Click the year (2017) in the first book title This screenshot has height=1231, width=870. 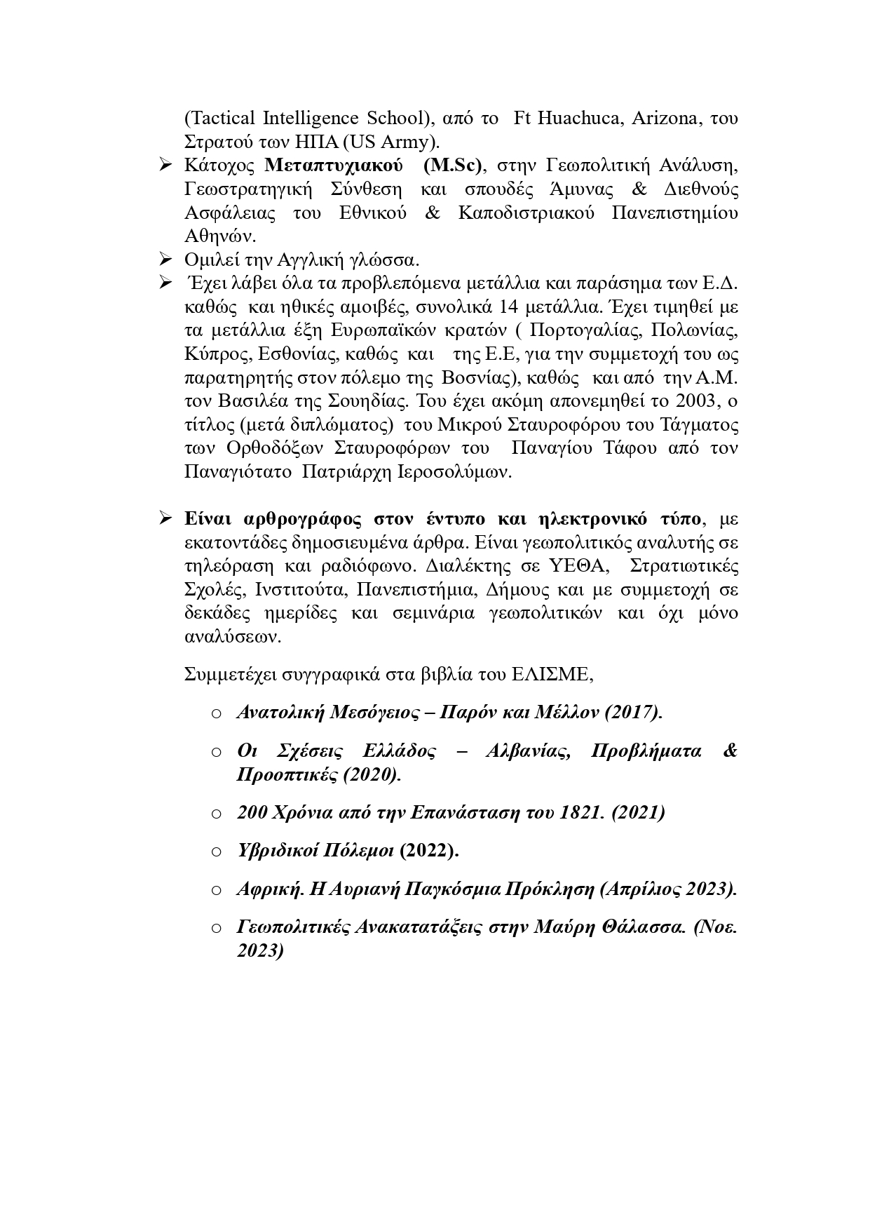point(634,713)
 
